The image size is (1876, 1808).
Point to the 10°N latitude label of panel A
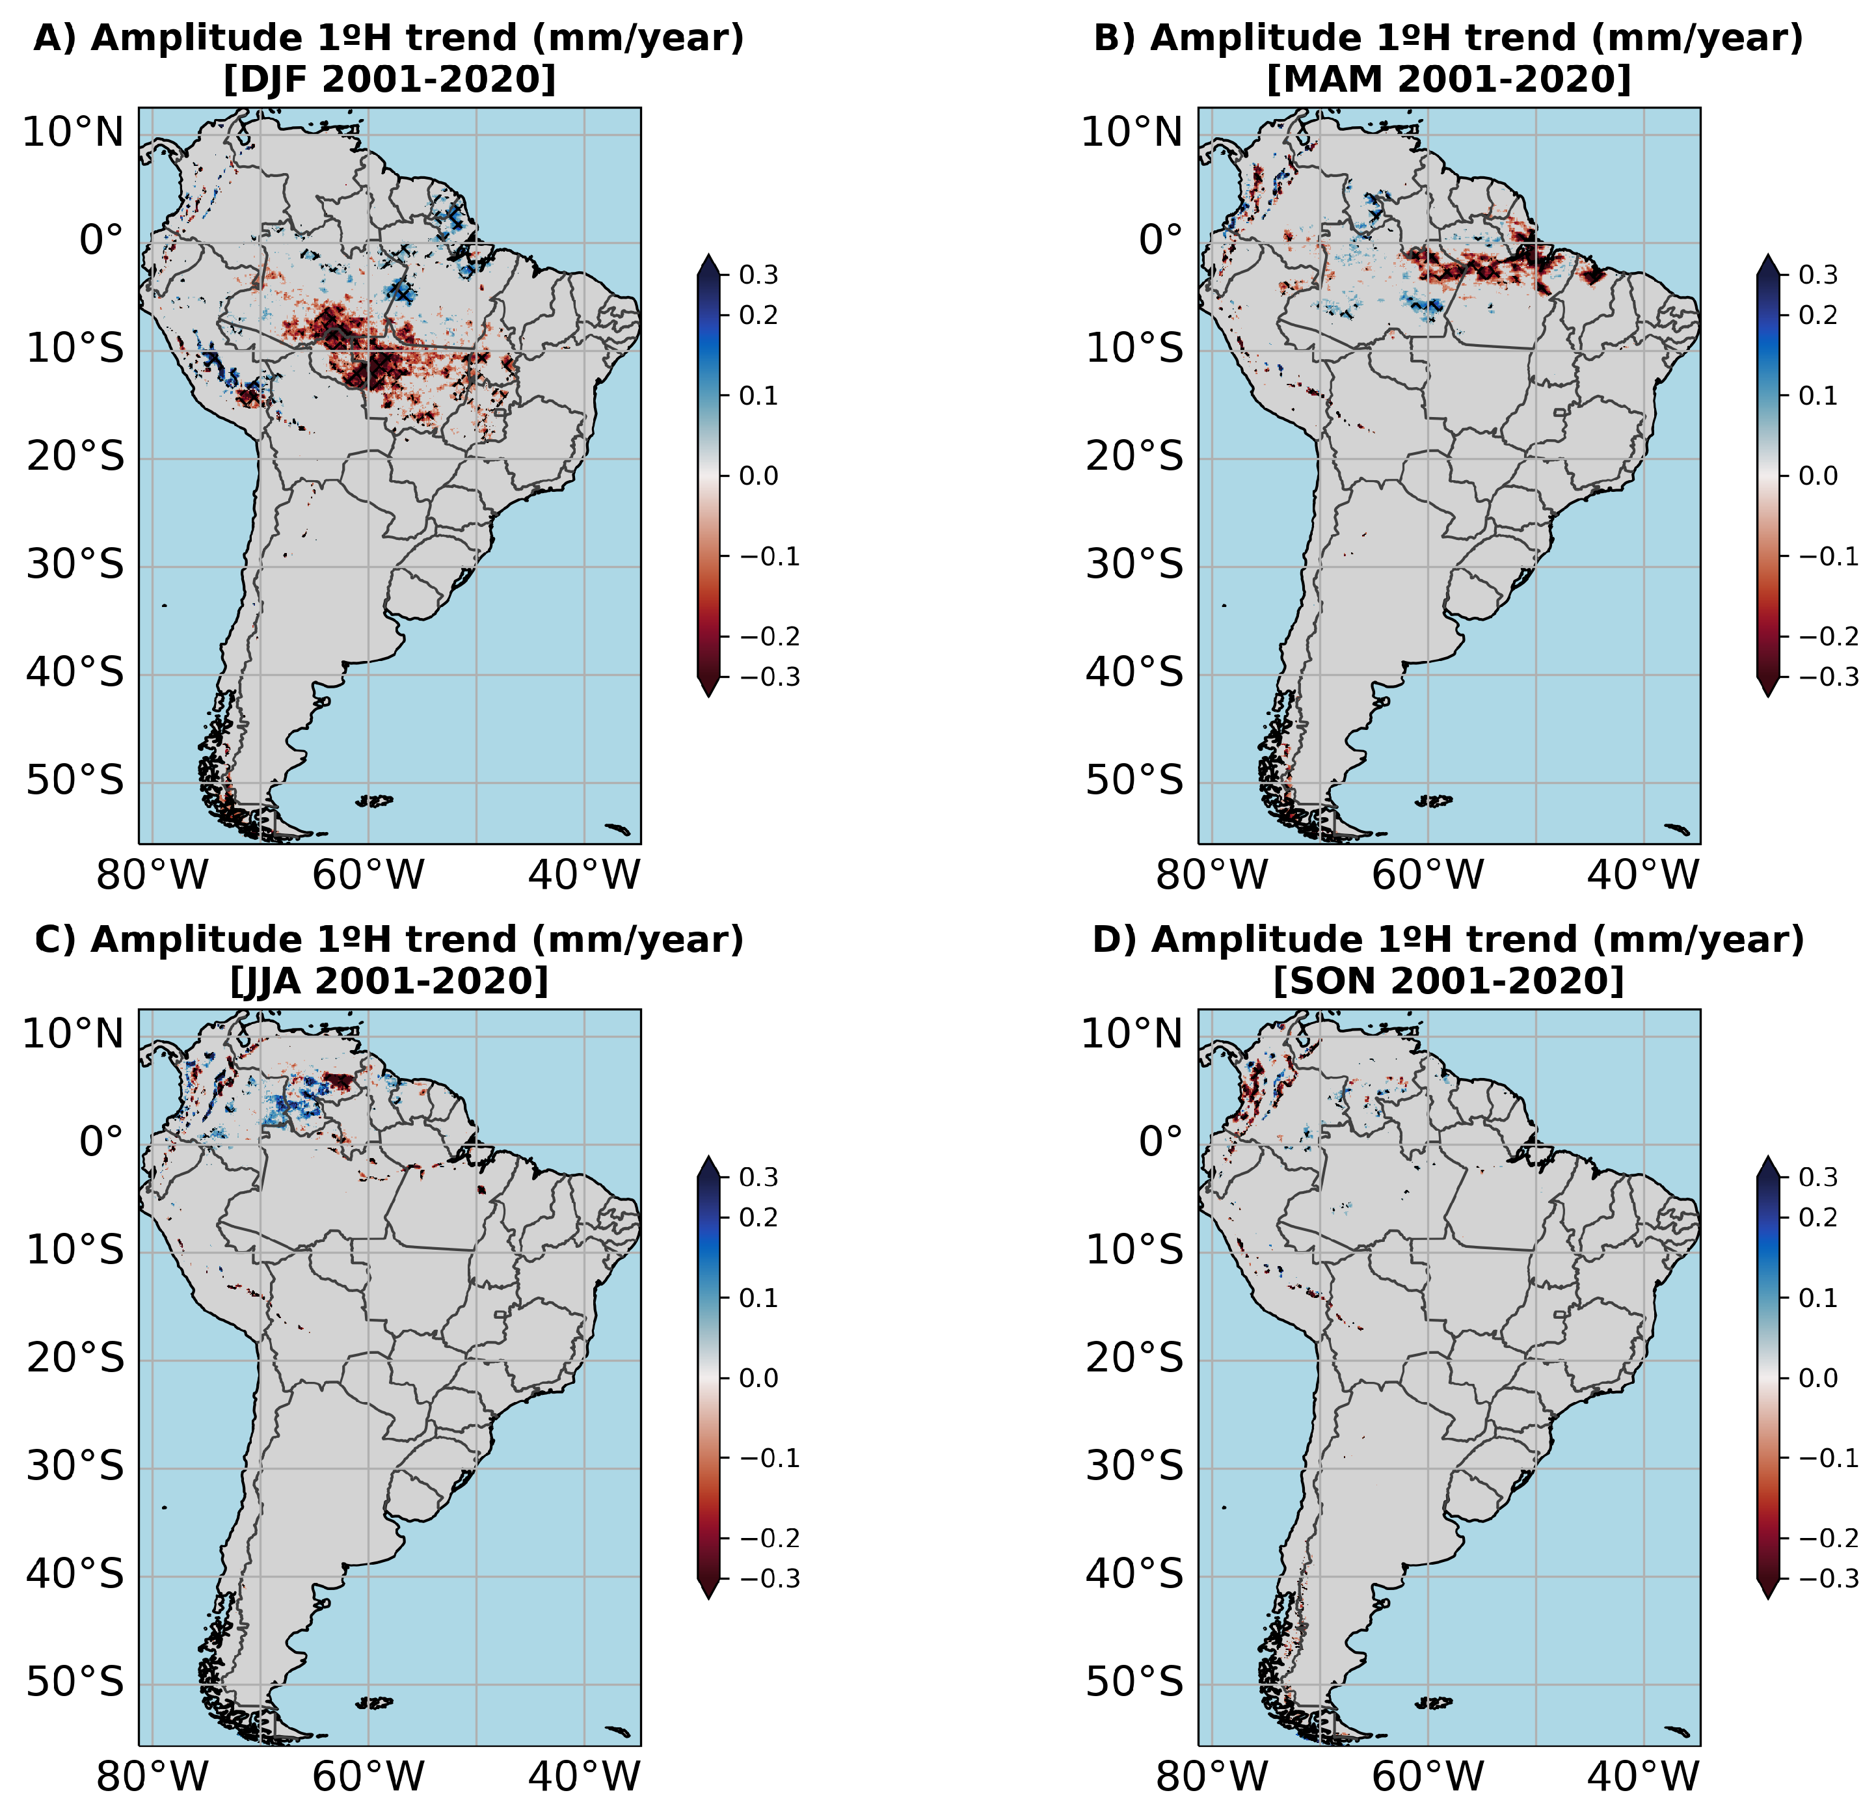click(x=73, y=133)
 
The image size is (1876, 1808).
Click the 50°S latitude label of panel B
click(x=1133, y=781)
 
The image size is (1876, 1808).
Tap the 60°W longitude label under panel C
click(x=368, y=1777)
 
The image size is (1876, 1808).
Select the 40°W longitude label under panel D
click(x=1642, y=1777)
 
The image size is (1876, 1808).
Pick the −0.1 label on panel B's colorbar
click(x=1828, y=557)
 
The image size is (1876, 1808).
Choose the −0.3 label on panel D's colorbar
click(x=1828, y=1579)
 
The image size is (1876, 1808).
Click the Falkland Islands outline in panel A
click(x=374, y=800)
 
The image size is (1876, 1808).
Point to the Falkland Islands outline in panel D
click(x=1434, y=1703)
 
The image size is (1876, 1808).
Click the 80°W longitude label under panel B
click(x=1212, y=875)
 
